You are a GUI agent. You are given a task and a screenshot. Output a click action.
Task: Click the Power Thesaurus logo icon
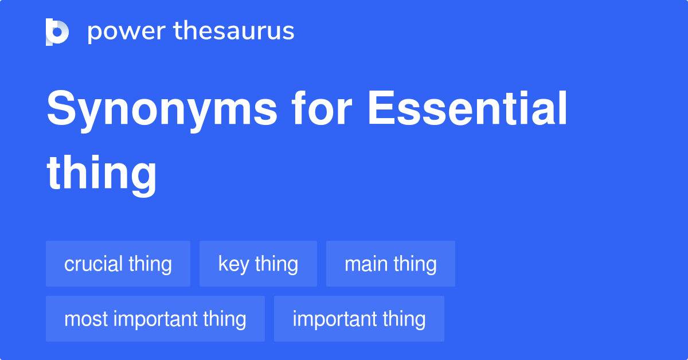[x=57, y=32]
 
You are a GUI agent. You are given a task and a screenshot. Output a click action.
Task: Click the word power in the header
[x=127, y=32]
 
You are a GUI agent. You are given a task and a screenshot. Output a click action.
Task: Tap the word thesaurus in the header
[x=234, y=30]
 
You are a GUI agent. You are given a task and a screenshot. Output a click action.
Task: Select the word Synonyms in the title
[x=162, y=111]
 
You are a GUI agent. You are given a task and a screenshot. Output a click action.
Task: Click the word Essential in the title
[x=467, y=108]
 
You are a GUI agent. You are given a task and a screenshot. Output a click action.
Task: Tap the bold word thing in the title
[x=101, y=174]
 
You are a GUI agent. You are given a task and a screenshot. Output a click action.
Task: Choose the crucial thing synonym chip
[x=118, y=264]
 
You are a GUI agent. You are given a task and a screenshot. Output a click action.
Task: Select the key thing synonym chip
[x=258, y=264]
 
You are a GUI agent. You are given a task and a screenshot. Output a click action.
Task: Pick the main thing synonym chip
[x=390, y=264]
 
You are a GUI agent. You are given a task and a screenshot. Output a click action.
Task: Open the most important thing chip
[x=155, y=319]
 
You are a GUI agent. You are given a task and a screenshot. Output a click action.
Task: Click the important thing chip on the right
[x=359, y=319]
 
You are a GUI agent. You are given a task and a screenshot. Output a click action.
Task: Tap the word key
[x=233, y=264]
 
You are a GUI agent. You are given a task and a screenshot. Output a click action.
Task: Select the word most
[x=86, y=319]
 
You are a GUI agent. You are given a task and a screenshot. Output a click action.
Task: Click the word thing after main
[x=415, y=264]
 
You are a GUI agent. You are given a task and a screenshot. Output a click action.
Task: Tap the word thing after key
[x=276, y=264]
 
